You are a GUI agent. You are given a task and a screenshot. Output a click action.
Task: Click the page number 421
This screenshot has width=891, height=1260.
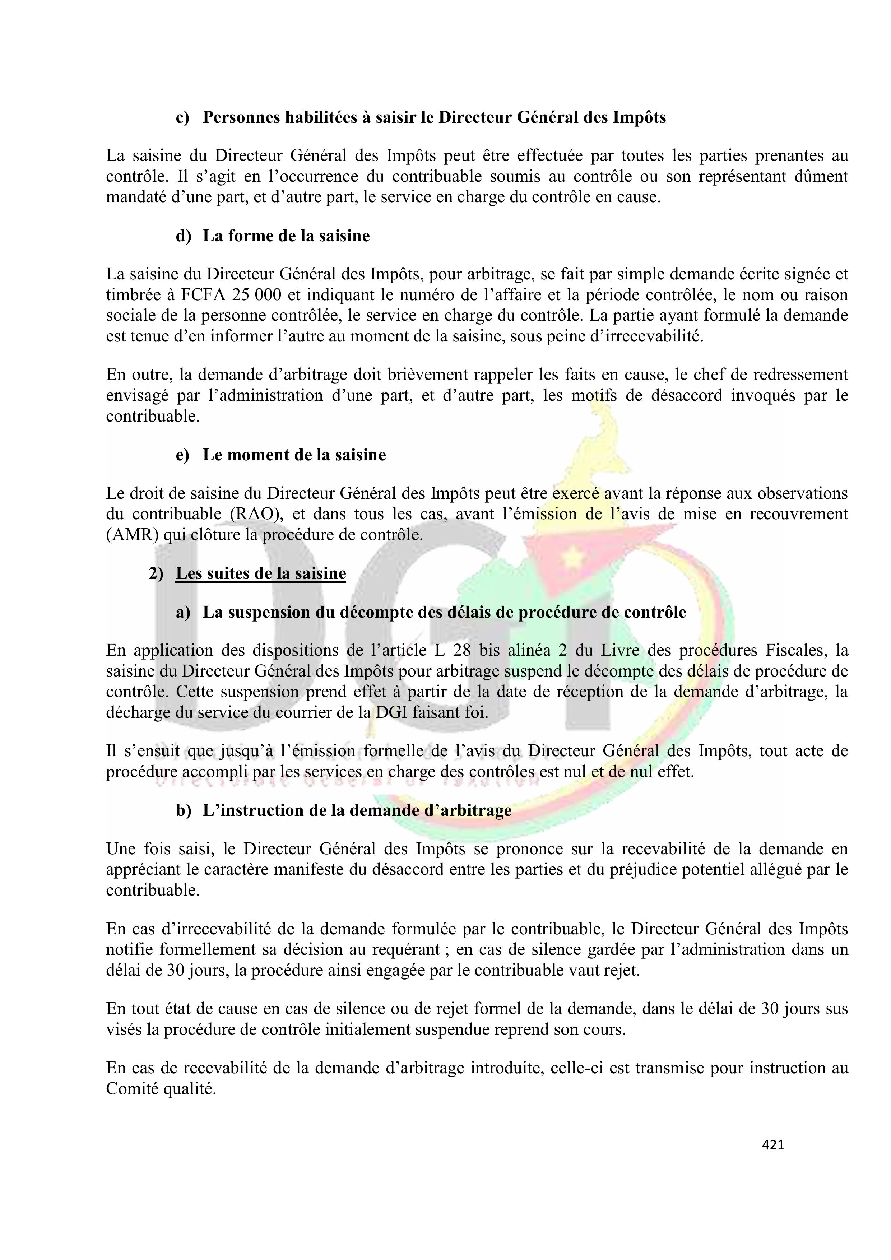(x=773, y=1145)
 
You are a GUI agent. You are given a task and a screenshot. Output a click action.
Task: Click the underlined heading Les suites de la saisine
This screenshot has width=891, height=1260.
(x=261, y=573)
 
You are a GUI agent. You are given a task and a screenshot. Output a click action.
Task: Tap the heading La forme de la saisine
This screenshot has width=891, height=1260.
(x=286, y=236)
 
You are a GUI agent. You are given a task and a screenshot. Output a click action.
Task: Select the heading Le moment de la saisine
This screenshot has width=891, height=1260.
(x=294, y=455)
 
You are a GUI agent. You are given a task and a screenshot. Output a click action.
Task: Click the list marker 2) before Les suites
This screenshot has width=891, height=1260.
(x=156, y=573)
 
